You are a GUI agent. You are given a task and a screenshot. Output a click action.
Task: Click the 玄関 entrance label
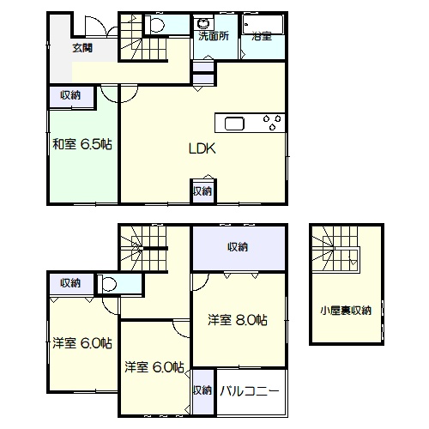pyautogui.click(x=82, y=48)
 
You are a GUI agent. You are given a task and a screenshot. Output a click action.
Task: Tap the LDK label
pyautogui.click(x=202, y=148)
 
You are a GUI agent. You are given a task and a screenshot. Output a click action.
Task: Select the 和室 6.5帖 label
pyautogui.click(x=82, y=144)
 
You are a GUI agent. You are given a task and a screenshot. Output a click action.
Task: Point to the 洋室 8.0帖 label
pyautogui.click(x=238, y=320)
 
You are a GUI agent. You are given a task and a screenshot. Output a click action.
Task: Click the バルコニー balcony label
pyautogui.click(x=250, y=391)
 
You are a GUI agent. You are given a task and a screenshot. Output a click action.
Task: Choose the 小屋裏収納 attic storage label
pyautogui.click(x=346, y=311)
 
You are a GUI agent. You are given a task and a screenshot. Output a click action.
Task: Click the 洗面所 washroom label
pyautogui.click(x=214, y=36)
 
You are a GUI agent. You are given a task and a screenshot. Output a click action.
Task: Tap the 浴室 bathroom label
pyautogui.click(x=262, y=36)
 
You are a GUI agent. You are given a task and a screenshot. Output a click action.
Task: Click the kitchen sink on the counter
pyautogui.click(x=234, y=124)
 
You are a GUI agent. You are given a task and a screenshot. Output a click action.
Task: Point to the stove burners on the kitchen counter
pyautogui.click(x=272, y=122)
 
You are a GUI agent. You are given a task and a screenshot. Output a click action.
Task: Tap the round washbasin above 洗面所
pyautogui.click(x=203, y=23)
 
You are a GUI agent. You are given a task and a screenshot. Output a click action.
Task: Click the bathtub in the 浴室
pyautogui.click(x=263, y=25)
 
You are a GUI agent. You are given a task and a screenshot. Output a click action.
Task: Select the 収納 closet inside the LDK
pyautogui.click(x=202, y=191)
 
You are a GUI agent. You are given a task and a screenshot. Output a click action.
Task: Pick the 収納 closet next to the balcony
pyautogui.click(x=202, y=390)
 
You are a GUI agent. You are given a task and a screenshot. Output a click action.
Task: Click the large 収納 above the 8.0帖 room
pyautogui.click(x=239, y=247)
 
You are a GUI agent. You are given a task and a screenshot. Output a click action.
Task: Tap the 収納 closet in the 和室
pyautogui.click(x=70, y=96)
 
